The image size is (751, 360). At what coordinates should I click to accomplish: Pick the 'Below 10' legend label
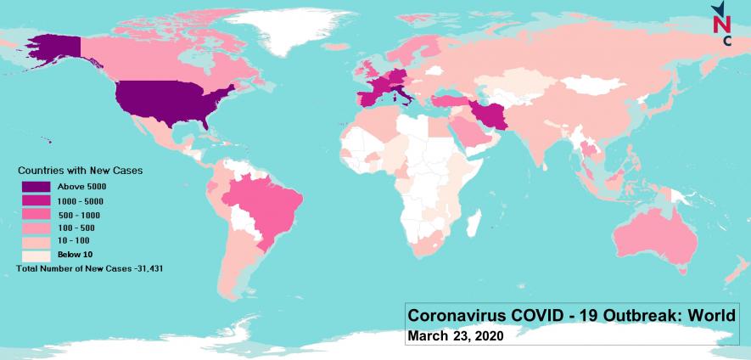(76, 254)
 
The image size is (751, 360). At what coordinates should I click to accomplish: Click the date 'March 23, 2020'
(456, 336)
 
